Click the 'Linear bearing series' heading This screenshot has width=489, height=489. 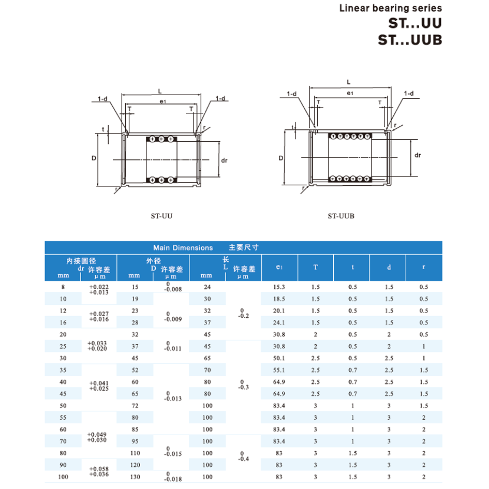coord(390,8)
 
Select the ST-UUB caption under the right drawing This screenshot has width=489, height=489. coord(341,216)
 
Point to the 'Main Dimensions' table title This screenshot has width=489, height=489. coord(183,248)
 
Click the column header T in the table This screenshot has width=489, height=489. coord(316,268)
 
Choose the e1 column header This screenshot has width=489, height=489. coord(279,268)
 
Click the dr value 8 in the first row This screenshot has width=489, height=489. coord(63,287)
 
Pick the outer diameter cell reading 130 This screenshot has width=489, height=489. coord(135,477)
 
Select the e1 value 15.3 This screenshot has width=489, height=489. coord(279,287)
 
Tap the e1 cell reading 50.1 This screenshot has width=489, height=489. coord(279,358)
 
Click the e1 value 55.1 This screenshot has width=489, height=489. coord(279,370)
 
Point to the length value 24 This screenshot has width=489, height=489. coord(208,287)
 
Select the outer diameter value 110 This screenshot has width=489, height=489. coord(135,453)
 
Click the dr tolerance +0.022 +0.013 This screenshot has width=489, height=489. coord(99,289)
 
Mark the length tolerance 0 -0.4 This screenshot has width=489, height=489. coord(242,456)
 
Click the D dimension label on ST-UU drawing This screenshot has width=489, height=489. coord(94,158)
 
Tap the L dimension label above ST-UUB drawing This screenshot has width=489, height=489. coord(349,82)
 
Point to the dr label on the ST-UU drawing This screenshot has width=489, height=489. coord(224,160)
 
